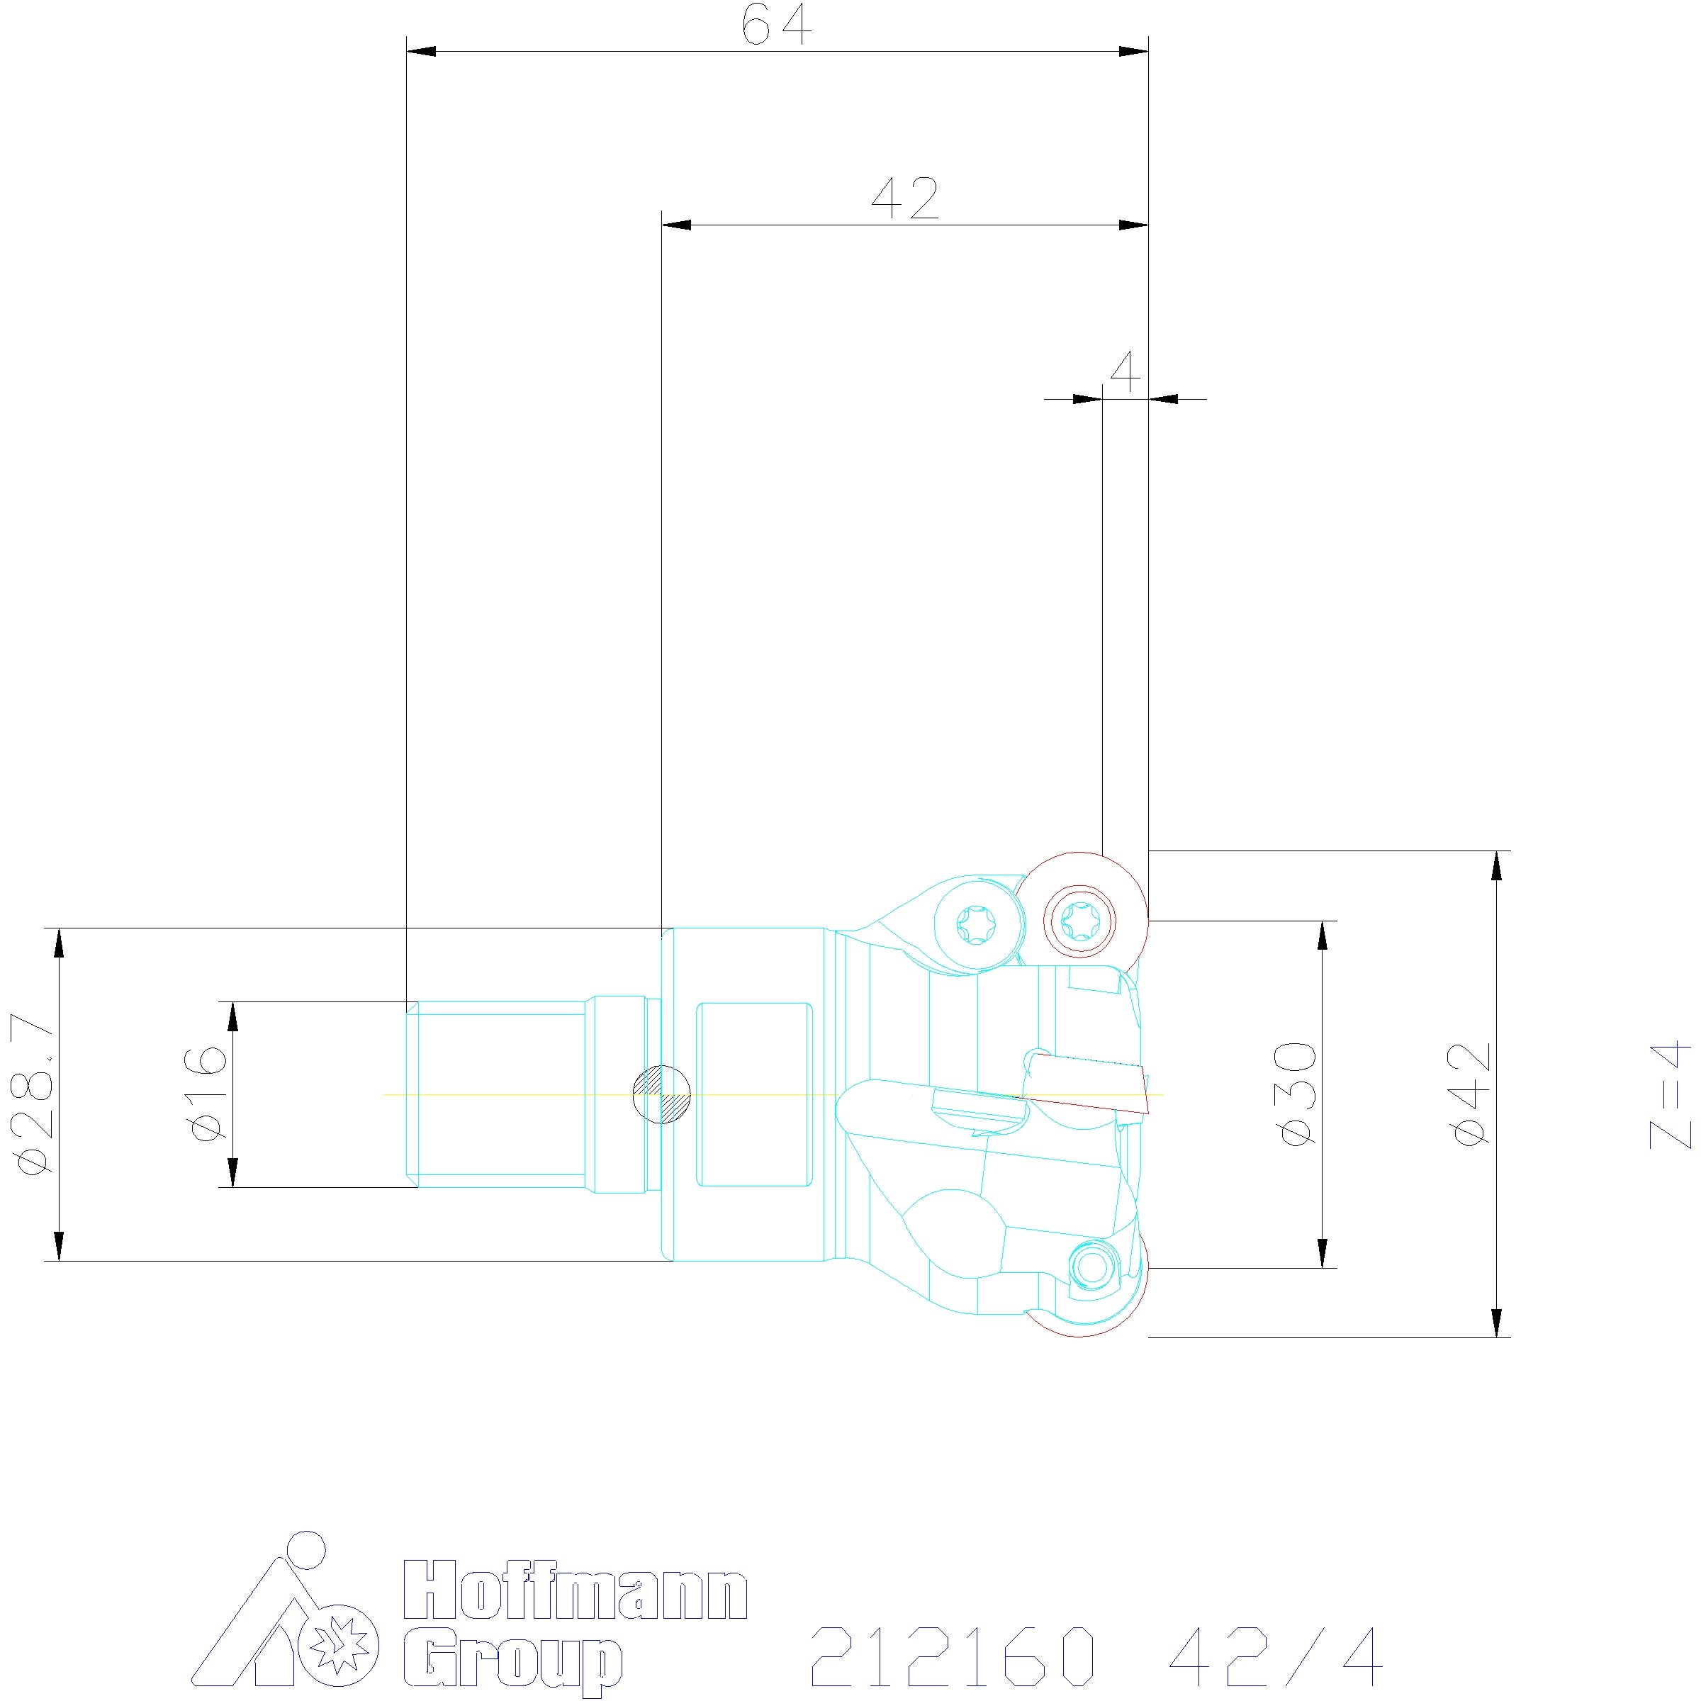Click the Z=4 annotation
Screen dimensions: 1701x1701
click(x=1671, y=1095)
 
